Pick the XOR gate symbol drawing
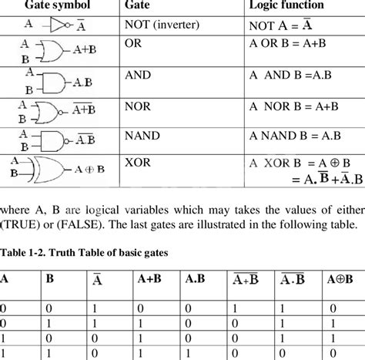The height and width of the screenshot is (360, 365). [49, 170]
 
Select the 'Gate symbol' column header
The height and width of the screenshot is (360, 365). [55, 5]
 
